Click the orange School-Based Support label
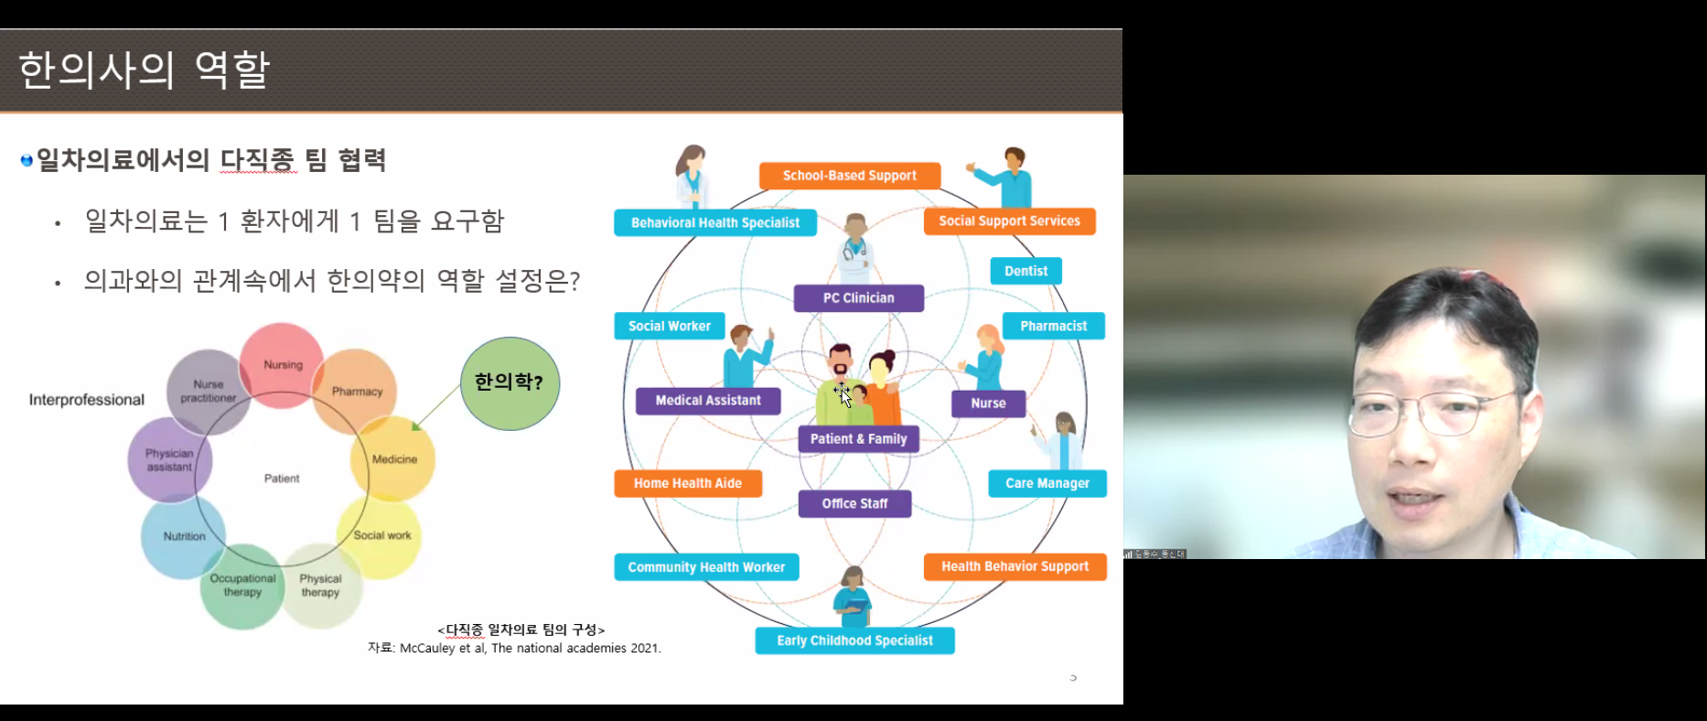point(849,176)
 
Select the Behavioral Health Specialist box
point(714,222)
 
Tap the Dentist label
point(1025,271)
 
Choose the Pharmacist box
point(1053,326)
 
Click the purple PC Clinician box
point(858,298)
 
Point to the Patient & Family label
point(858,439)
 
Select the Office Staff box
point(854,503)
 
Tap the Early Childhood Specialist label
point(854,640)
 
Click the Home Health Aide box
point(687,483)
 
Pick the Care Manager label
point(1047,483)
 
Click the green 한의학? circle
point(510,383)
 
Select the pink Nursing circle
point(282,364)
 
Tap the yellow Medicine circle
point(393,458)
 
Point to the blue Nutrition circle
point(184,536)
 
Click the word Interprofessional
point(87,400)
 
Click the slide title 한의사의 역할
point(144,70)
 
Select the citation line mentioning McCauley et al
point(514,648)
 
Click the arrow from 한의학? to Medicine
point(436,407)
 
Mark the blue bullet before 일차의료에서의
point(27,161)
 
